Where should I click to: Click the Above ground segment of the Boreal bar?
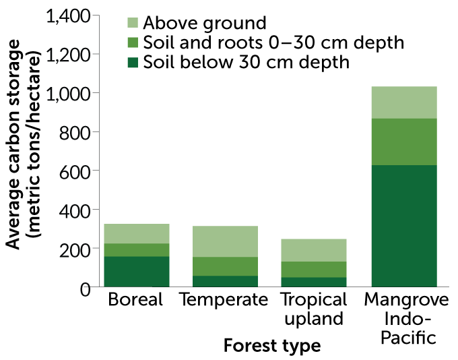[137, 233]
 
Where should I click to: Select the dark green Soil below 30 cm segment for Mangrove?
[404, 226]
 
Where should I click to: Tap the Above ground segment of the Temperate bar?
[225, 241]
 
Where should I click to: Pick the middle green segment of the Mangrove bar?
[404, 142]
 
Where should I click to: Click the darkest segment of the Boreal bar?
[137, 272]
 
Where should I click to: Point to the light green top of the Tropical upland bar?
[313, 250]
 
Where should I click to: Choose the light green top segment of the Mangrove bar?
[404, 102]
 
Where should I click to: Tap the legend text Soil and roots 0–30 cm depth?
[273, 43]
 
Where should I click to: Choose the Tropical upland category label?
[313, 309]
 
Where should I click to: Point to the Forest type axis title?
[271, 347]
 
